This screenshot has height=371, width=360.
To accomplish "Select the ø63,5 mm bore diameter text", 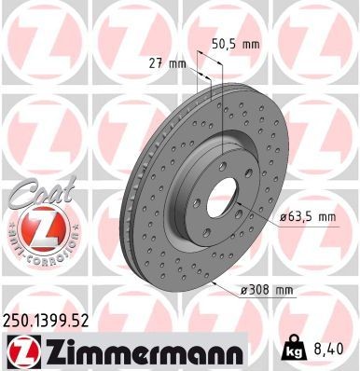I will click(x=308, y=217).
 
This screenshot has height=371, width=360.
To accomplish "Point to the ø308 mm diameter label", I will click(x=268, y=291).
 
